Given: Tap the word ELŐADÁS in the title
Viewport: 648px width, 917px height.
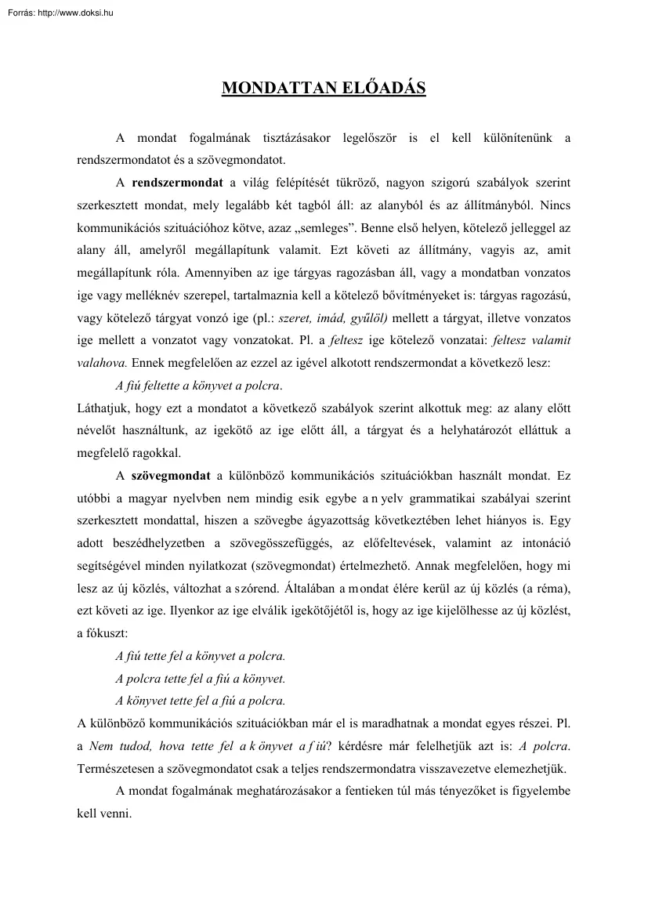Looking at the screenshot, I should pos(375,88).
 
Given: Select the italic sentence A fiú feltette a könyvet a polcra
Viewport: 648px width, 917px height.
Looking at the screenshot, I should pos(199,386).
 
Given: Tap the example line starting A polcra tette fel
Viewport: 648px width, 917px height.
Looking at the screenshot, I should pos(200,678).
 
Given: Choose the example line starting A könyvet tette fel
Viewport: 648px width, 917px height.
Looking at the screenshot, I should pos(200,700).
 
